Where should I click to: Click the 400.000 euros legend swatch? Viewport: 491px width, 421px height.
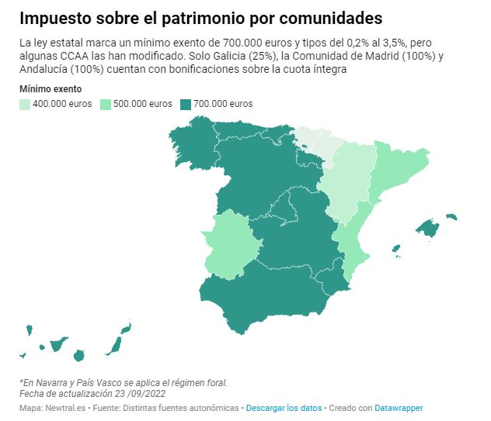25,105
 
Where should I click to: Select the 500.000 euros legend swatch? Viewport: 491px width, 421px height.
106,105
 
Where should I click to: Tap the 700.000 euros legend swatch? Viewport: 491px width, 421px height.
186,105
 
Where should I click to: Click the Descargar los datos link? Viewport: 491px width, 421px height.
284,408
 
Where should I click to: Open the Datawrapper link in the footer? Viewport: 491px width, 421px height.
399,408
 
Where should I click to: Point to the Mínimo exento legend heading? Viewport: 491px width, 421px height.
50,89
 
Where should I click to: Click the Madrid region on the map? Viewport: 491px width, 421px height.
281,208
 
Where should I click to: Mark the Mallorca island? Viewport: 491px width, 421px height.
428,228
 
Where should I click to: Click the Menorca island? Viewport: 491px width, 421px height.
451,216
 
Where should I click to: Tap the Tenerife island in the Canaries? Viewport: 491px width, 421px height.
58,344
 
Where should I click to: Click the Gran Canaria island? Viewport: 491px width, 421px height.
79,356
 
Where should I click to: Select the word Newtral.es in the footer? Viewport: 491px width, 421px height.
65,408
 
